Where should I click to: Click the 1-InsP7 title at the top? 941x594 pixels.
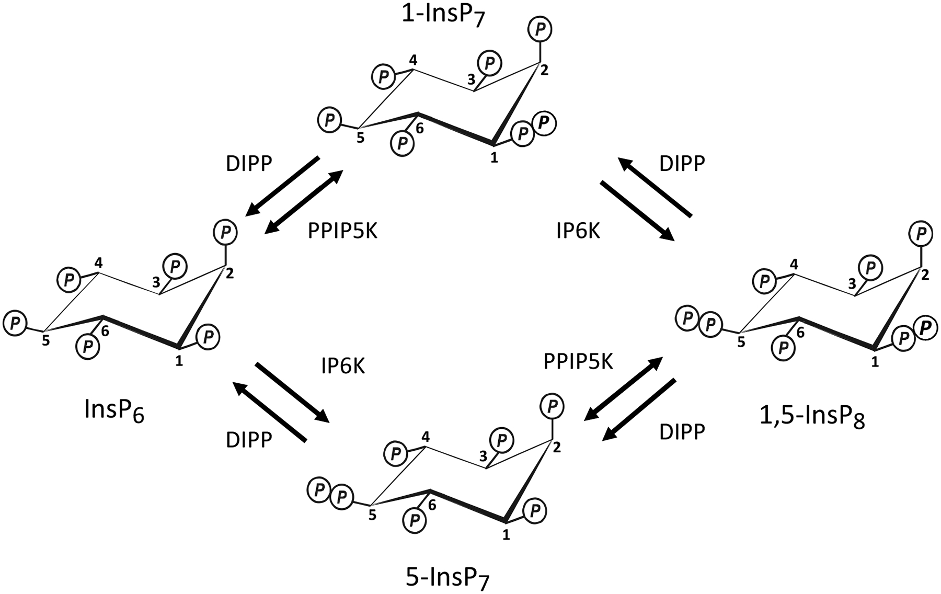443,16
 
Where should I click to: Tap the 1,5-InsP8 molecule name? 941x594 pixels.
812,416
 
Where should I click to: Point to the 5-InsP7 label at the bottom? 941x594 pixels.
449,577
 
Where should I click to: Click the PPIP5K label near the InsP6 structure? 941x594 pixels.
342,231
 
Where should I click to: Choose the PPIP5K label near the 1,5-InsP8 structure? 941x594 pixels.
578,361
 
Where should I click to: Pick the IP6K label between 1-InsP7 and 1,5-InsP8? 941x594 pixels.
578,231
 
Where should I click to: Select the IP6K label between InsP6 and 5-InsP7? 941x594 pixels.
343,367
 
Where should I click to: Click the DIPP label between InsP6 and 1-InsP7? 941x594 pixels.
249,164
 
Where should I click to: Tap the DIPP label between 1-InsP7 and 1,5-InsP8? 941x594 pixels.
682,164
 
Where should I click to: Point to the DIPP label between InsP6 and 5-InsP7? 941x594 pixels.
249,440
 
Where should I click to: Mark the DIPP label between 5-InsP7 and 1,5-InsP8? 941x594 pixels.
682,432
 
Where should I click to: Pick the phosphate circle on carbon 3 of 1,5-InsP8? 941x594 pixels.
870,268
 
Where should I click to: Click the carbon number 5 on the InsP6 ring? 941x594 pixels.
46,341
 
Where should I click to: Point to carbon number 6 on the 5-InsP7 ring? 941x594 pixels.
432,505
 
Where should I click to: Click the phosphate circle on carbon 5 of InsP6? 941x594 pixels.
15,323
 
